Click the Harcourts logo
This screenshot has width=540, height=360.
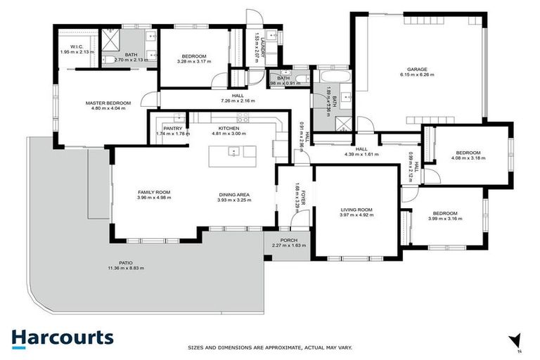click(62, 337)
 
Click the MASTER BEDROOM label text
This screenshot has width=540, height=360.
click(108, 103)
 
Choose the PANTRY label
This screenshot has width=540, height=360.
click(172, 128)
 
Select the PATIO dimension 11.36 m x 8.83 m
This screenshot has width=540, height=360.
click(126, 269)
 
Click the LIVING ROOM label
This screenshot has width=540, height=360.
click(356, 210)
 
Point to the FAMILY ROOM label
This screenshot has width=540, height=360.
click(154, 192)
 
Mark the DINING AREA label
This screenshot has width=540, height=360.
click(233, 195)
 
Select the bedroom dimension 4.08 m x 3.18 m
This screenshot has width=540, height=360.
click(468, 158)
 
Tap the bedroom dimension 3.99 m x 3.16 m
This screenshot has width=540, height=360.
click(445, 219)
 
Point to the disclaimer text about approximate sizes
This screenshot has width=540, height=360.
click(270, 347)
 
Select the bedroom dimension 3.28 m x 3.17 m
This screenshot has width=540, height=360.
click(193, 62)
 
